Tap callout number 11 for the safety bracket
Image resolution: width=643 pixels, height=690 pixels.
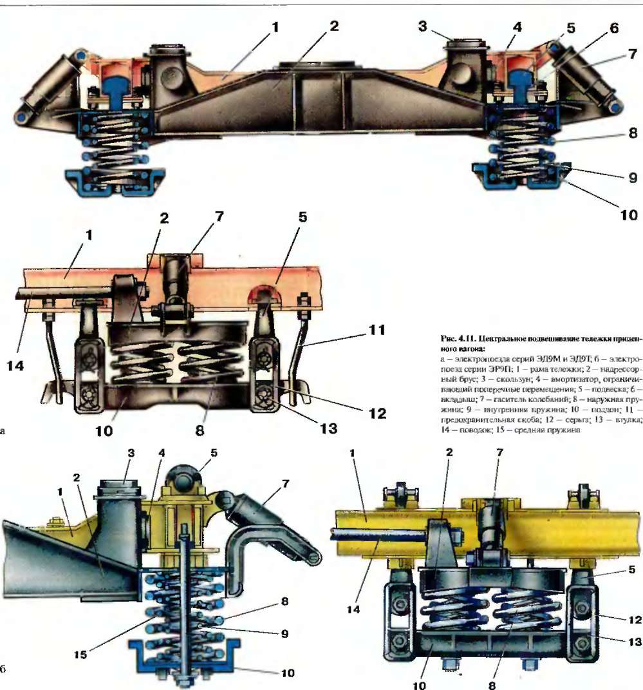click(376, 331)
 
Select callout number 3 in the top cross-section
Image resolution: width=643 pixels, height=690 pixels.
click(423, 28)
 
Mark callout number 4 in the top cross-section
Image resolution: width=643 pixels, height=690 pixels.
click(517, 27)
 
